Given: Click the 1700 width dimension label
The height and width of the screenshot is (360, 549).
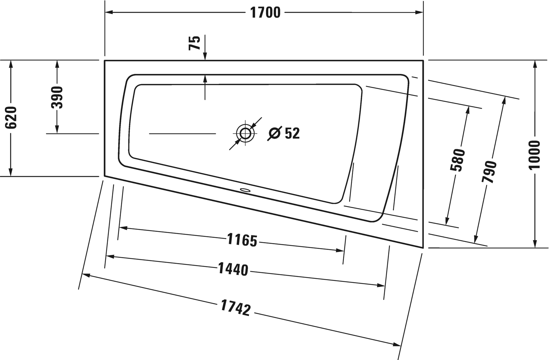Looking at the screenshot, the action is click(x=265, y=13).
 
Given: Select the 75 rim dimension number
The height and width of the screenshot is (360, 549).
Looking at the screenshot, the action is click(x=195, y=43).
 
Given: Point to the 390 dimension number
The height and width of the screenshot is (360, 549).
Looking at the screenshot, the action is click(x=57, y=97).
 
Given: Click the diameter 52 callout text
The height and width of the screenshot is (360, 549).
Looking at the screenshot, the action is click(x=283, y=133).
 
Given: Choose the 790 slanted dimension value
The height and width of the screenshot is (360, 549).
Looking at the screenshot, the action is click(x=489, y=172).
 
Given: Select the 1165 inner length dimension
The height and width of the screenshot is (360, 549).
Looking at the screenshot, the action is click(x=242, y=240).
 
